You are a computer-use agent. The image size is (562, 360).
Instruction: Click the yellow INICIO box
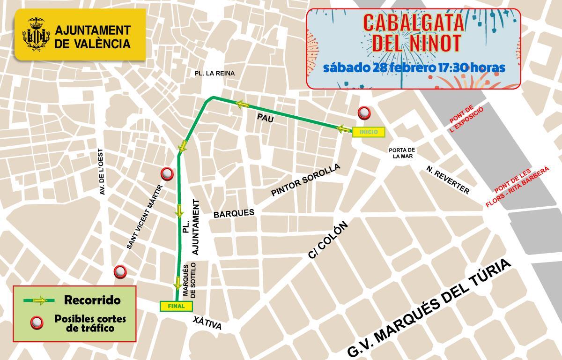[x=368, y=132]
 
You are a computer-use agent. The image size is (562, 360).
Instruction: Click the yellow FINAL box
[x=176, y=306]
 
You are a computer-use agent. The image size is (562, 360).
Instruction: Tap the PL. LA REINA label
[x=214, y=74]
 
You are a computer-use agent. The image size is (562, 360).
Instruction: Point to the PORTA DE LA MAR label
[x=402, y=153]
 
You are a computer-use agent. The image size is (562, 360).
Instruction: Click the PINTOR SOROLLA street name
[x=306, y=180]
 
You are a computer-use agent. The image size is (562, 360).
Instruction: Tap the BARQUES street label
[x=234, y=213]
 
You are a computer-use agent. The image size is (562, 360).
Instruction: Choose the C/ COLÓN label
[x=328, y=240]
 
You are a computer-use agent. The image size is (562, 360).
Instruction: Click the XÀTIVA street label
[x=207, y=323]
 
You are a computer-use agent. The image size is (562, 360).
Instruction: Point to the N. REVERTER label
[x=448, y=180]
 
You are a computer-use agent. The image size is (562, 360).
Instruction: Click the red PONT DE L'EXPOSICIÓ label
[x=466, y=120]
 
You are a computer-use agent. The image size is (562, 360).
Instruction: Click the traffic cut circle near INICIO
[x=364, y=113]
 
